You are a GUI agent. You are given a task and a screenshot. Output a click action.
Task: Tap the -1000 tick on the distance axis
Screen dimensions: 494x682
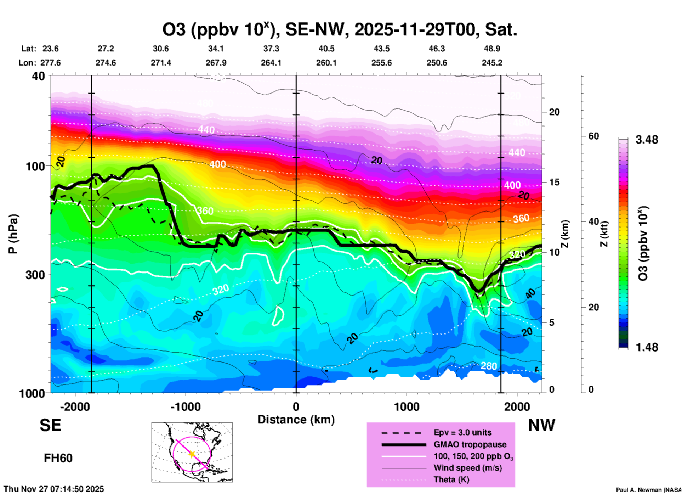coord(186,406)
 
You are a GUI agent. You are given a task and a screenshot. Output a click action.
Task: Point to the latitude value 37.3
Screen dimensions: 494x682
coord(271,49)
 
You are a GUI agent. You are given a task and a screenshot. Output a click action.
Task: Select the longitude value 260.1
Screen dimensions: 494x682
coord(326,63)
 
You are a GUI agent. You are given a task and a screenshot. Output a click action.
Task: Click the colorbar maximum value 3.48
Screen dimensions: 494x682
coord(647,140)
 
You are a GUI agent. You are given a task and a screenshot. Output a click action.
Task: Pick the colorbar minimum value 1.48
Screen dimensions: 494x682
coord(647,347)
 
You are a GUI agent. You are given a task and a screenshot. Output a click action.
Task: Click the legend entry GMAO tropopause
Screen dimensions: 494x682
coord(470,444)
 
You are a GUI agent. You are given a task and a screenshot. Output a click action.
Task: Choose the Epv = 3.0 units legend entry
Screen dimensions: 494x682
coord(462,432)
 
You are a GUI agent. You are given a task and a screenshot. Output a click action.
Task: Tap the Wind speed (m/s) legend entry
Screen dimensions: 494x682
coord(467,468)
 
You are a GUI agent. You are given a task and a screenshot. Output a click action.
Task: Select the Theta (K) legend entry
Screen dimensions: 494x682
coord(451,479)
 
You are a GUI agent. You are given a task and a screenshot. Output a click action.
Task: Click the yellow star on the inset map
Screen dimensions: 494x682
coord(192,454)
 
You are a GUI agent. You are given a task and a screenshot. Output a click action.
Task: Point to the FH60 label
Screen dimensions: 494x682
coord(58,458)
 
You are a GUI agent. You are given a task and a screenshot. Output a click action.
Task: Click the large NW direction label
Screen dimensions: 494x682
coord(541,425)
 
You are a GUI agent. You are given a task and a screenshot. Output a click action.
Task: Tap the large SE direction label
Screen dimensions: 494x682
coord(50,425)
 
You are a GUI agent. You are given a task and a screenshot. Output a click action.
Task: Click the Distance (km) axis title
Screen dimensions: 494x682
coord(296,420)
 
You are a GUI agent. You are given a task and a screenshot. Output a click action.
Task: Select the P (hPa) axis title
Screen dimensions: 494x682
coord(13,234)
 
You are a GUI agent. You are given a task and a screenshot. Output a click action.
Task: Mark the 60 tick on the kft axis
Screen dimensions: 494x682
coord(593,136)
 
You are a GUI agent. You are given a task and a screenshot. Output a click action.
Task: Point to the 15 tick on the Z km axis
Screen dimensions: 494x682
coord(554,182)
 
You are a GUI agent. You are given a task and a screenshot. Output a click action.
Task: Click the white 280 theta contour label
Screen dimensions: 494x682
coord(489,366)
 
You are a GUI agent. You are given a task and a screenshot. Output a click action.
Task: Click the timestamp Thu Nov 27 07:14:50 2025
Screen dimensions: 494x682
coord(54,489)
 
